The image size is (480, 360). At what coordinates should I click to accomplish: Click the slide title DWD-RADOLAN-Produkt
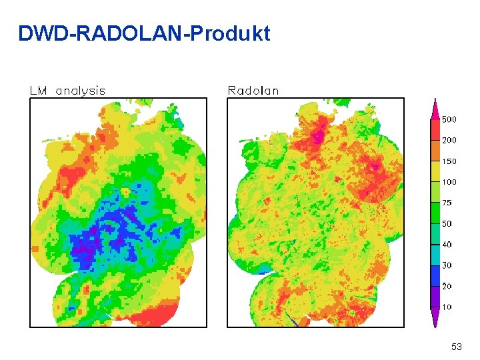click(144, 33)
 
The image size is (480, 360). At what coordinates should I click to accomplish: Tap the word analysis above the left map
click(81, 91)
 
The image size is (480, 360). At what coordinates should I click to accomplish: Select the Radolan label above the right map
click(253, 91)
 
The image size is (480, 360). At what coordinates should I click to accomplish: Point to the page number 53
click(456, 347)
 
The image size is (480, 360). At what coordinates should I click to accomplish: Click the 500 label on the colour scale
click(449, 120)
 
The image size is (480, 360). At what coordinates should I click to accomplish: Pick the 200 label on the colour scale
click(449, 141)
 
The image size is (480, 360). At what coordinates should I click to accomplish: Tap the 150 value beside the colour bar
click(449, 161)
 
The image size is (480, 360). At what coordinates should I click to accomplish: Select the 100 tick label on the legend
click(449, 182)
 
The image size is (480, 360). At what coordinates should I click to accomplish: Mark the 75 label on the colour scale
click(447, 203)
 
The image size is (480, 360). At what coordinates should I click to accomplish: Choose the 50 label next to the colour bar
click(447, 224)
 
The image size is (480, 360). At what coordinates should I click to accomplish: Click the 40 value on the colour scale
click(447, 245)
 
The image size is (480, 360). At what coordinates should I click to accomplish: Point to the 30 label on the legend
click(447, 265)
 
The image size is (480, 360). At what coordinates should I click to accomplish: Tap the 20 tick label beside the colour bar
click(447, 286)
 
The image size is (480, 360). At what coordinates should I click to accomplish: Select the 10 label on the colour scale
click(447, 307)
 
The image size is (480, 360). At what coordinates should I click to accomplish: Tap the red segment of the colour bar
click(434, 130)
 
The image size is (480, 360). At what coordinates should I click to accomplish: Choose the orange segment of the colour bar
click(434, 151)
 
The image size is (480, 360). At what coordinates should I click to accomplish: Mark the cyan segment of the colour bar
click(434, 255)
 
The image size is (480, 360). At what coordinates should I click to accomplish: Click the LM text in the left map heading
click(38, 91)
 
